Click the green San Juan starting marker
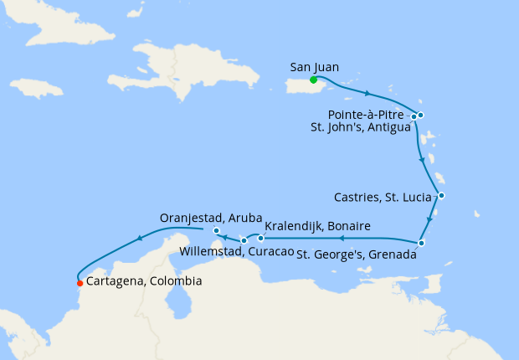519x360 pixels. coord(313,80)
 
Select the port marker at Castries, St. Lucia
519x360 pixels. coord(441,196)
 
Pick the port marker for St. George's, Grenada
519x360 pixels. coord(422,244)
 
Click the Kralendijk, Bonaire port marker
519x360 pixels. coord(260,239)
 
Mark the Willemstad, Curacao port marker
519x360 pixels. coord(244,241)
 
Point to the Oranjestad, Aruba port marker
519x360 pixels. coord(216,230)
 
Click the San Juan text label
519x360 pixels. coord(315,66)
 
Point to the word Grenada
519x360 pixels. coord(391,255)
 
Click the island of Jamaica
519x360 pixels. coord(38,88)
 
